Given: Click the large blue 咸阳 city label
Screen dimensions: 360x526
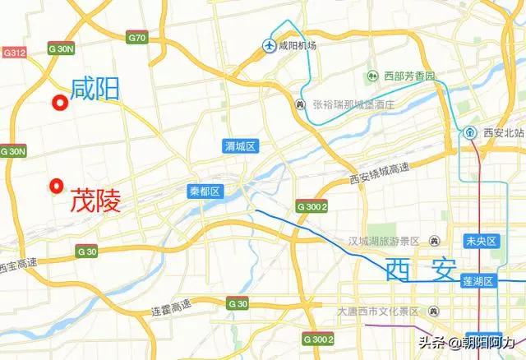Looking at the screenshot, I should pyautogui.click(x=95, y=88).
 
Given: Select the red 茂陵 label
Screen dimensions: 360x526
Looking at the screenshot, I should pyautogui.click(x=95, y=200).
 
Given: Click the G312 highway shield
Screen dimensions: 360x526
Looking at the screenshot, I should pyautogui.click(x=15, y=53).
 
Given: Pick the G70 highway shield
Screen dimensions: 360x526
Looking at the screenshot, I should pyautogui.click(x=137, y=38).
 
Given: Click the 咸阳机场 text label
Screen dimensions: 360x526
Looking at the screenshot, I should pyautogui.click(x=298, y=47).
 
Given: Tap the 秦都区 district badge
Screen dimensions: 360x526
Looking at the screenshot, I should pyautogui.click(x=205, y=191).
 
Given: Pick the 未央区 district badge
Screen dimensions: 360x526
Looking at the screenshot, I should pyautogui.click(x=481, y=241).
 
